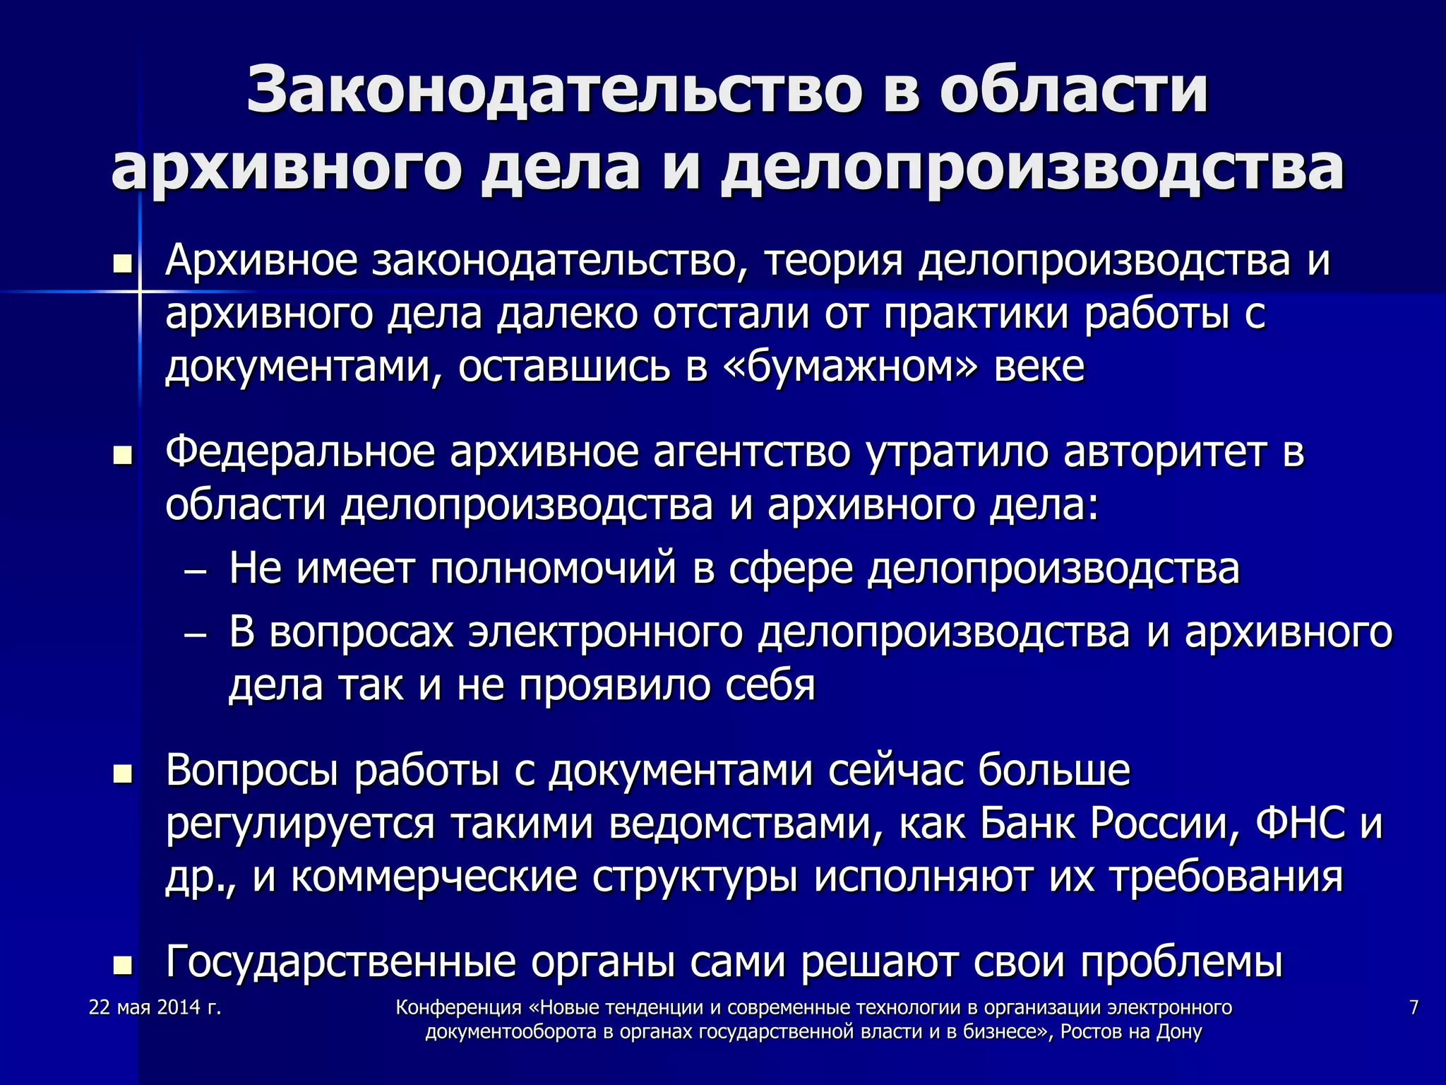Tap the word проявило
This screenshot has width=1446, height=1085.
614,685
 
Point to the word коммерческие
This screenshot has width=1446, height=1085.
434,877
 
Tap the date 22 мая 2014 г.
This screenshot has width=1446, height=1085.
155,1008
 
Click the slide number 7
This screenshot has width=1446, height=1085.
1414,1008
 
